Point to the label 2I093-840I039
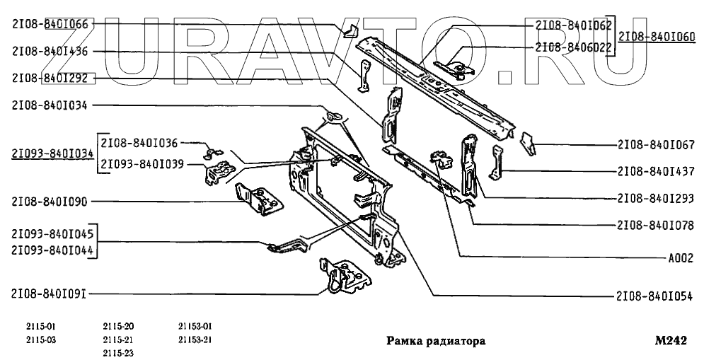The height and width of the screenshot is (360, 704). tap(143, 164)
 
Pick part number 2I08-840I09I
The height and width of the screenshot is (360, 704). tap(50, 294)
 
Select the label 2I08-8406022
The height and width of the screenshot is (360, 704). tap(574, 47)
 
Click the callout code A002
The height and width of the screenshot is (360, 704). tap(680, 258)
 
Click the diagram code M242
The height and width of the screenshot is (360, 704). tap(671, 340)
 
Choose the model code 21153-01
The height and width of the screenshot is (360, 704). tap(195, 326)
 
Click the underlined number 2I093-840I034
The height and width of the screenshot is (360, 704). tap(52, 153)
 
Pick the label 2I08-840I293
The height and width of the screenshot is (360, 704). tap(656, 199)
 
